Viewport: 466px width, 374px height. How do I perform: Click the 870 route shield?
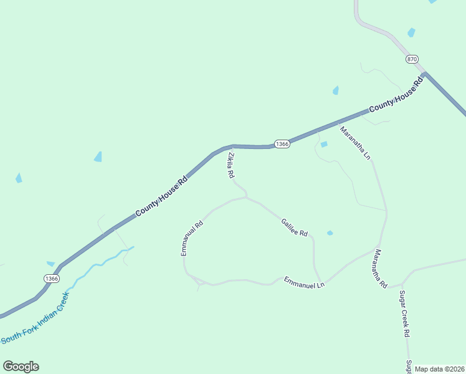(x=412, y=59)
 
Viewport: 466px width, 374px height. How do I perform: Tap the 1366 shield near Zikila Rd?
(x=282, y=144)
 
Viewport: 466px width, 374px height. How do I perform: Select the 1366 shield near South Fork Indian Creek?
(x=52, y=279)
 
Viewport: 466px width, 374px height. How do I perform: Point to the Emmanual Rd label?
(x=192, y=238)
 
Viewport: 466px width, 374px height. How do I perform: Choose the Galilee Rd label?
(x=294, y=227)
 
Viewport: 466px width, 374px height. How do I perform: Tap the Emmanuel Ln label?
(x=305, y=282)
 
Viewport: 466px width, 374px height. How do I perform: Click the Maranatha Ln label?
(x=355, y=143)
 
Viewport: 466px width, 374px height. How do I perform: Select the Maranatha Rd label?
(x=380, y=268)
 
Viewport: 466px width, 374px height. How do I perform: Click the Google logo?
(x=21, y=367)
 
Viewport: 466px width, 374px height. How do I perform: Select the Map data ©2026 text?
(x=439, y=369)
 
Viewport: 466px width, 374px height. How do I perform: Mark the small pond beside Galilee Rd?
(x=330, y=233)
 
